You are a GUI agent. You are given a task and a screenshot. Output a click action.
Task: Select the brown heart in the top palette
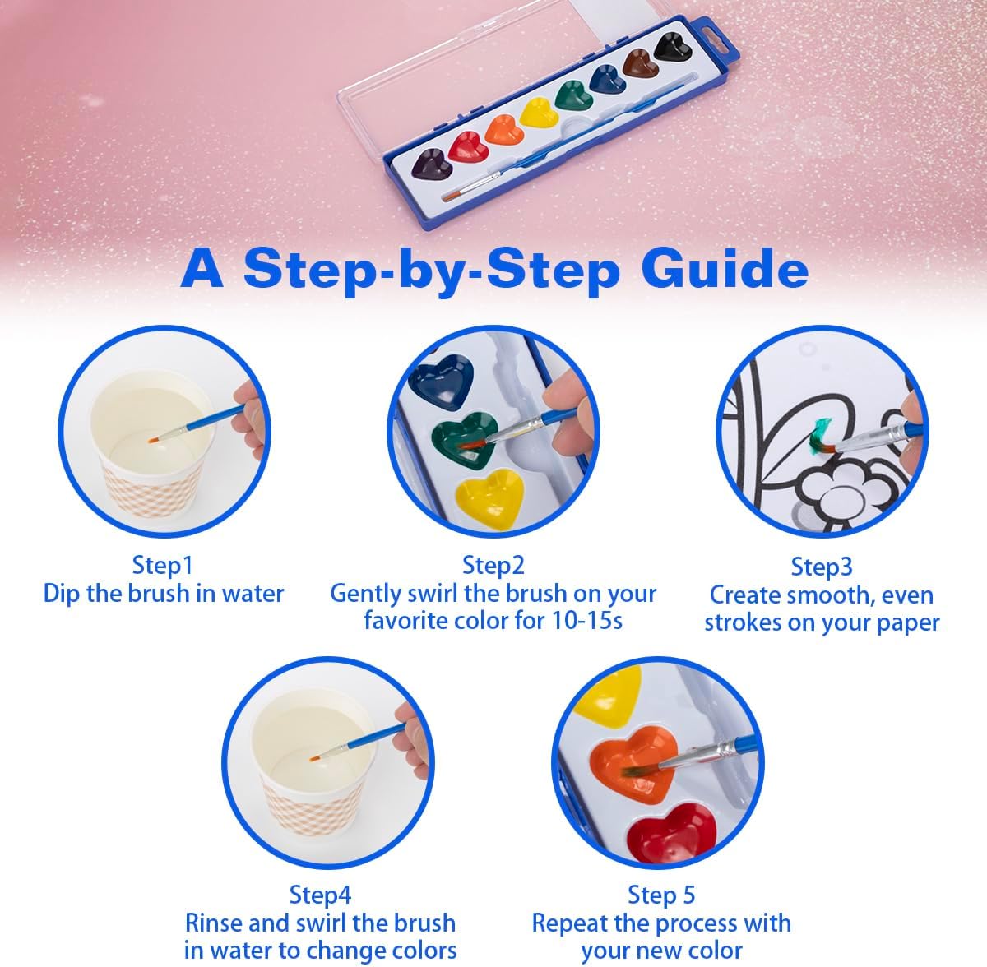(641, 64)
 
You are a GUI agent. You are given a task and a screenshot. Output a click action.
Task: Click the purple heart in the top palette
(433, 164)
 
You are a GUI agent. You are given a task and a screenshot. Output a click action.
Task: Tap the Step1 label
(163, 566)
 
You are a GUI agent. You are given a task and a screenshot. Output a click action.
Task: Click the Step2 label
(493, 566)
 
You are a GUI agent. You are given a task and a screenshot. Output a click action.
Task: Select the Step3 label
(822, 567)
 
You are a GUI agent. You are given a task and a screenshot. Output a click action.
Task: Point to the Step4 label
(320, 895)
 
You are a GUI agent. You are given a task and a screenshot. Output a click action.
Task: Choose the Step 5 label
(661, 895)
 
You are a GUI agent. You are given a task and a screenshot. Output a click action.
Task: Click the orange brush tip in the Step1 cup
(154, 439)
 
